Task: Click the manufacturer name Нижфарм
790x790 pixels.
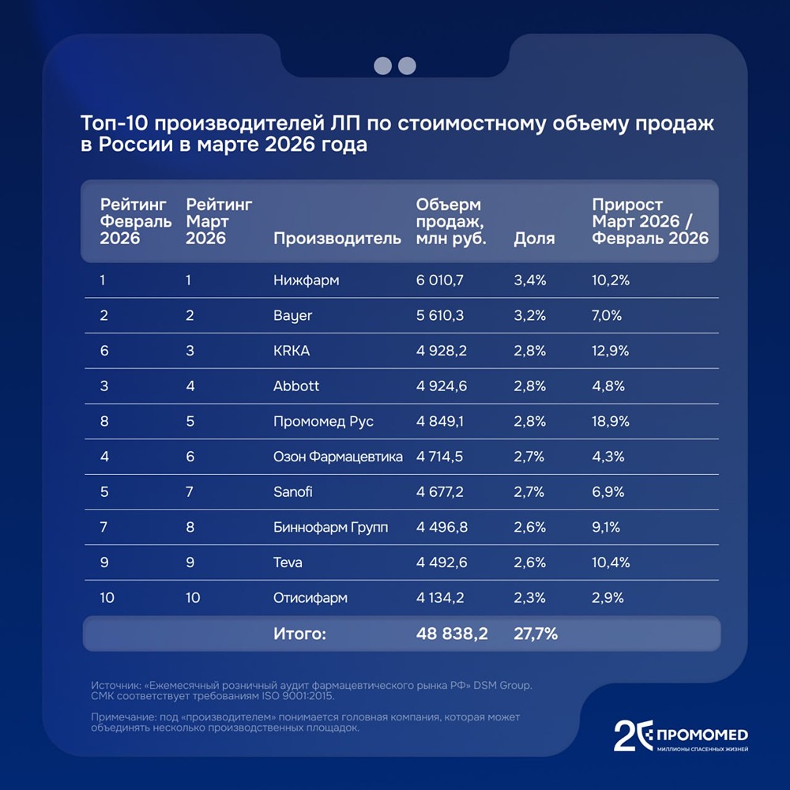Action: click(x=306, y=280)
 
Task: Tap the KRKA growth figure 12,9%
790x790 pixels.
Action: click(x=611, y=351)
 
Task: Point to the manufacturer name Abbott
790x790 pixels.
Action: click(x=296, y=386)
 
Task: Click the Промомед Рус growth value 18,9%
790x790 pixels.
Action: click(x=611, y=422)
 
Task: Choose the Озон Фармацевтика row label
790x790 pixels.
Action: click(x=337, y=457)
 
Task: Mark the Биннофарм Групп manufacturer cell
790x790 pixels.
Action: click(x=330, y=528)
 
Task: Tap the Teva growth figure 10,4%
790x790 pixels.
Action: click(x=610, y=562)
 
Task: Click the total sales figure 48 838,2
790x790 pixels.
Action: click(x=452, y=634)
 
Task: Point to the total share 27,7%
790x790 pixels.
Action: click(x=536, y=634)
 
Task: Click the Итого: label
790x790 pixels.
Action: click(x=299, y=634)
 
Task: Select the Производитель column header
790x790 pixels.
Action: click(x=337, y=239)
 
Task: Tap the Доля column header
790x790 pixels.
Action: click(x=534, y=239)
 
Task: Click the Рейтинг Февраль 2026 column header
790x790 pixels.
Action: click(x=136, y=222)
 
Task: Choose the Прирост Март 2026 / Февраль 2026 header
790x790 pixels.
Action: click(x=650, y=222)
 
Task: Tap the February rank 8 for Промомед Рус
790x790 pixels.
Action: click(x=104, y=422)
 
